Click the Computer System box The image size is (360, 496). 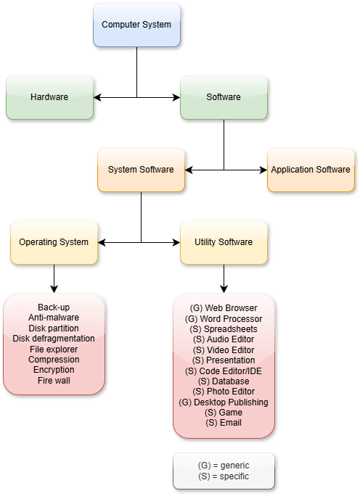coord(136,25)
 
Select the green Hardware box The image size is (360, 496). coord(49,96)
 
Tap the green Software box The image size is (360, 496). coord(224,96)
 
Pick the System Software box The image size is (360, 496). coord(141,170)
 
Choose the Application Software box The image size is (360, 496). coord(311,170)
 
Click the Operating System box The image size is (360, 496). coord(54,242)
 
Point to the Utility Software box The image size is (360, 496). coord(224,242)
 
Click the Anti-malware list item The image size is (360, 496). coord(54,318)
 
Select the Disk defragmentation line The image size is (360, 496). coord(54,339)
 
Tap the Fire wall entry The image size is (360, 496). coord(54,380)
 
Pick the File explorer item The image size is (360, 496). coord(54,349)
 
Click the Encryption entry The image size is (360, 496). coord(54,370)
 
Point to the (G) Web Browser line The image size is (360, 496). coord(224,308)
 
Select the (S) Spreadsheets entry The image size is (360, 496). coord(224,329)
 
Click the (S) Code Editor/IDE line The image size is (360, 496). coord(224,371)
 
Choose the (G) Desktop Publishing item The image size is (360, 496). coord(224,402)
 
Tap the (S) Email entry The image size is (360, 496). coord(224,423)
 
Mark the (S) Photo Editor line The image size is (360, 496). coord(224,392)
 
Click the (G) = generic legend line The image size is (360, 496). coord(224,465)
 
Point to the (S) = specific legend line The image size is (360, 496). coord(224,476)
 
